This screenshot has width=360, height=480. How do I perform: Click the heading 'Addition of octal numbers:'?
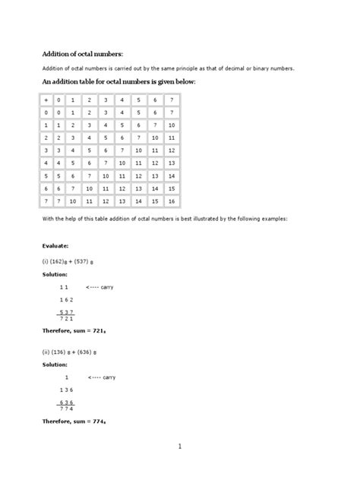(81, 53)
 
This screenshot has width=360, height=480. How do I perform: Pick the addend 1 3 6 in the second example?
(66, 390)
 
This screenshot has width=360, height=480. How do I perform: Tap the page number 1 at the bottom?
(180, 448)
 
